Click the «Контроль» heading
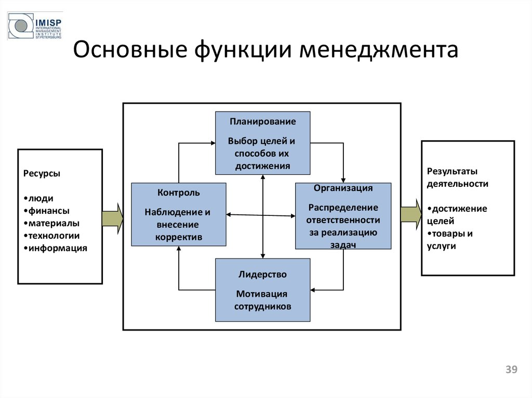click(178, 193)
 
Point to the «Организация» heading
click(343, 188)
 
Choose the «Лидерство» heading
click(262, 274)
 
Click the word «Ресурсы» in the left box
click(42, 173)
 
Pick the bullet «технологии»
click(54, 236)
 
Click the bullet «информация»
click(56, 248)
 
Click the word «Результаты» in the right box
click(452, 171)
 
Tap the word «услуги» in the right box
click(441, 246)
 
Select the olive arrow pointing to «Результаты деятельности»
click(411, 213)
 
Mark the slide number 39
click(512, 369)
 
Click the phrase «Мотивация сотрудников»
click(262, 300)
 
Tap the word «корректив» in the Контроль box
click(178, 237)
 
